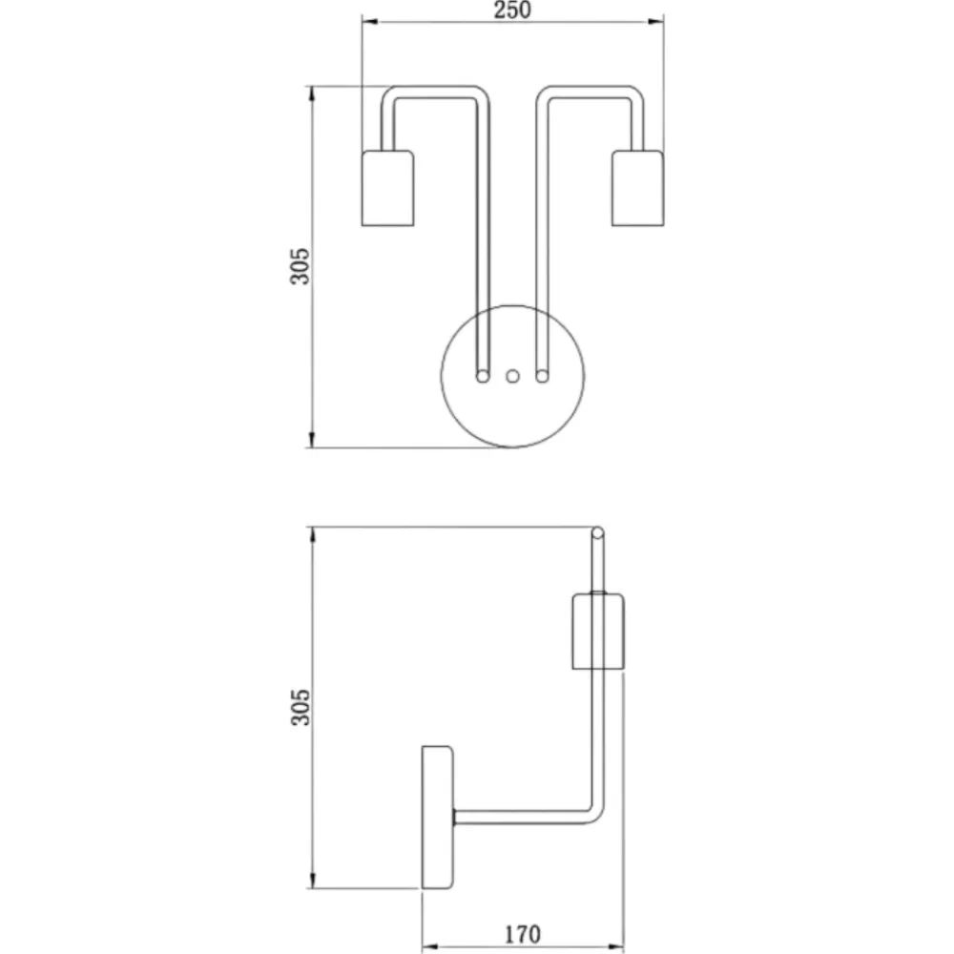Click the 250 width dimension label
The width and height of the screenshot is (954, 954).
[x=512, y=10]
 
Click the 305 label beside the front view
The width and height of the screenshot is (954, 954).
[x=300, y=266]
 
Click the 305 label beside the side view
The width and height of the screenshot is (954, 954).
[x=300, y=707]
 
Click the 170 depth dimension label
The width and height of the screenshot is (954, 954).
[x=523, y=934]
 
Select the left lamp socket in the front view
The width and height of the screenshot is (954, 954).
[x=387, y=188]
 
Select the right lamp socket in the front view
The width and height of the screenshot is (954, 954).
[x=637, y=188]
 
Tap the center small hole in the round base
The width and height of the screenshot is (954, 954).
[x=513, y=376]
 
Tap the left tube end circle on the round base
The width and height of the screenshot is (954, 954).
[x=483, y=377]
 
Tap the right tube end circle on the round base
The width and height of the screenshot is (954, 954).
[x=542, y=377]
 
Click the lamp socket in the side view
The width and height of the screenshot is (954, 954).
[x=599, y=631]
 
